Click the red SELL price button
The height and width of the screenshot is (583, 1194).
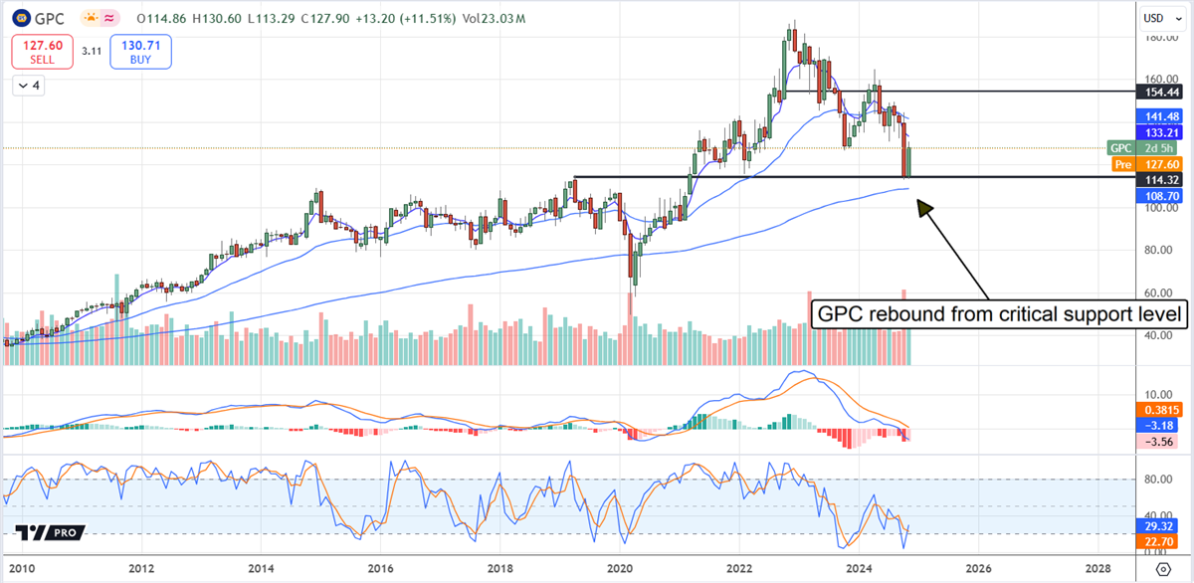pyautogui.click(x=43, y=52)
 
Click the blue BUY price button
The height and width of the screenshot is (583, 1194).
pyautogui.click(x=141, y=52)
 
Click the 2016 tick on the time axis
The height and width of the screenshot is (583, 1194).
pyautogui.click(x=380, y=569)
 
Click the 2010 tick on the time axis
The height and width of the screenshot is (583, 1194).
pyautogui.click(x=23, y=569)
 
